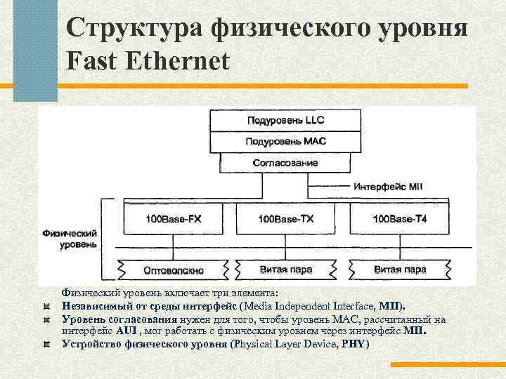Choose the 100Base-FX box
point(173,219)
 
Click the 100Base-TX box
point(285,219)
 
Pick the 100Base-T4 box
point(399,219)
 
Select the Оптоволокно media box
point(173,270)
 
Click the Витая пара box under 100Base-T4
point(399,270)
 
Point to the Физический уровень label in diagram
point(69,237)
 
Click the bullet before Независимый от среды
point(46,307)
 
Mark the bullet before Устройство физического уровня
point(46,344)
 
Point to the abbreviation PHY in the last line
point(353,344)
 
